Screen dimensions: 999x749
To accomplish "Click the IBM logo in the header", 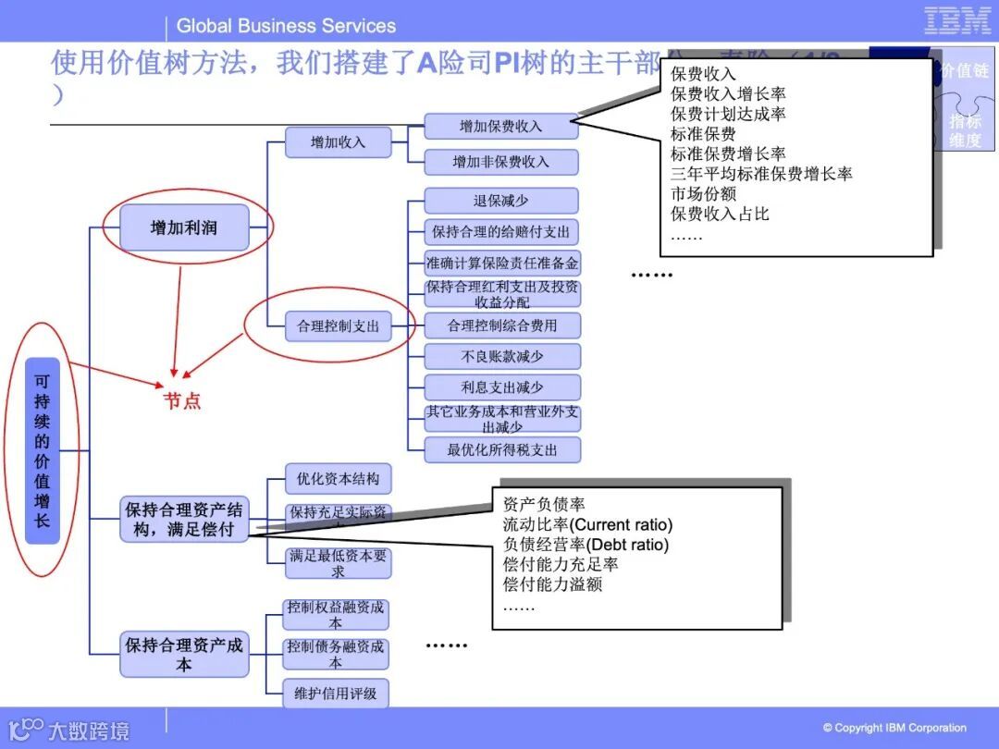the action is (x=957, y=21).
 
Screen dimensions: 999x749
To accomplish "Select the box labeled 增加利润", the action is (x=184, y=227).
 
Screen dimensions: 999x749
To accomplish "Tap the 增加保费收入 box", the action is (x=501, y=127).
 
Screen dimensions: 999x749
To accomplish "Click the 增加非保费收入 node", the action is (x=501, y=162).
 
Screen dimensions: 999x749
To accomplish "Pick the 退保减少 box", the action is (x=501, y=201).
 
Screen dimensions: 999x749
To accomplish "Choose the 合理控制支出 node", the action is (x=338, y=325).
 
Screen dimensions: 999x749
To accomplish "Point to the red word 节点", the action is (x=182, y=400).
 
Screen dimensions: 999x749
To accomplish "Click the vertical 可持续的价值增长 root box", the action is (x=43, y=450).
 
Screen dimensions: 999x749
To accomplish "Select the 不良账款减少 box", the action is (x=501, y=356).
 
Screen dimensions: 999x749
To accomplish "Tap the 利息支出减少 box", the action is (x=501, y=387).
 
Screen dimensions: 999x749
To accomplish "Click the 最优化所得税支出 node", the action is (x=501, y=450).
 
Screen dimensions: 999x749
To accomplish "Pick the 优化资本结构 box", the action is (x=338, y=479).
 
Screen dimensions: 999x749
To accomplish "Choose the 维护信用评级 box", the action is (x=335, y=693).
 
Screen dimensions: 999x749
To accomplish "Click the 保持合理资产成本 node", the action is (x=184, y=654).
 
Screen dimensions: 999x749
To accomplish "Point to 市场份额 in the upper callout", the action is (x=704, y=193).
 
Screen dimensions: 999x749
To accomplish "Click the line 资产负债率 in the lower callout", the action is (x=544, y=505).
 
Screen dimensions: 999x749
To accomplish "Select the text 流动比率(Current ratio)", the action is (x=587, y=525).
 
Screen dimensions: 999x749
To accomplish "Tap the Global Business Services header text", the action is (x=286, y=26).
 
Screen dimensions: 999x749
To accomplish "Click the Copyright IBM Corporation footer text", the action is (x=894, y=728).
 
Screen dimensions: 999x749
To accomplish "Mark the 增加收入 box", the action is (x=338, y=142).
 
